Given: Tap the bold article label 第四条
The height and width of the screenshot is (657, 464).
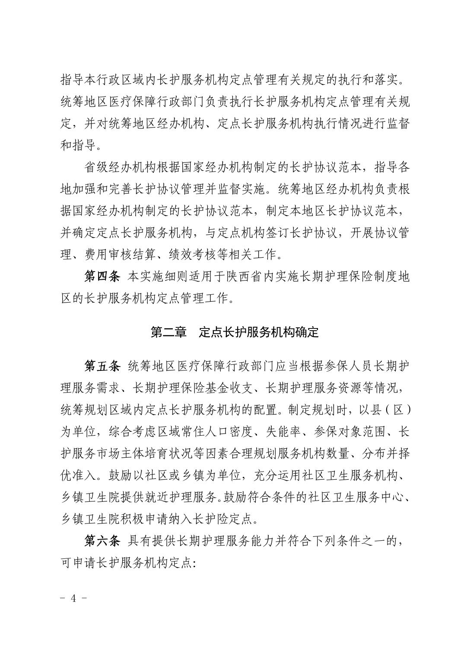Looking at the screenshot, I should [101, 277].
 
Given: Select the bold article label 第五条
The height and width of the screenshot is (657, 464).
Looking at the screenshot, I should [101, 366].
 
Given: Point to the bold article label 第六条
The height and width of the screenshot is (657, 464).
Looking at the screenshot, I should [101, 540].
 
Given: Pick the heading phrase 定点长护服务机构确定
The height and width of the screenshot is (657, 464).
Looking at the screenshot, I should [258, 332].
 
